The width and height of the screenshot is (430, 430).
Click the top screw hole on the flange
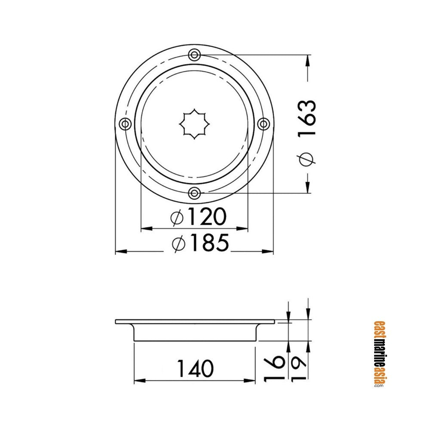[x=194, y=55]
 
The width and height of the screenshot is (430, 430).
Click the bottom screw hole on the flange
[x=194, y=193]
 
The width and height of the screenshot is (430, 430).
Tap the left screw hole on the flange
[x=125, y=124]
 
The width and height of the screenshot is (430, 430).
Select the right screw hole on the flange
[x=264, y=124]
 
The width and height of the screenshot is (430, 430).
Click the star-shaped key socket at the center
[x=194, y=124]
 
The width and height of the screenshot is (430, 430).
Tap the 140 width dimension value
[x=195, y=369]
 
